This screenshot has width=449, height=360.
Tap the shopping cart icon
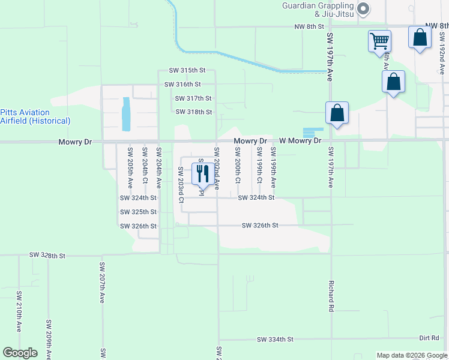pyautogui.click(x=379, y=41)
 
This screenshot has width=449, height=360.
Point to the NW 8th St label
pyautogui.click(x=309, y=27)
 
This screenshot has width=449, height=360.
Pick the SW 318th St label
pyautogui.click(x=194, y=112)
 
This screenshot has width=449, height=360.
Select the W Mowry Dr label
pyautogui.click(x=300, y=141)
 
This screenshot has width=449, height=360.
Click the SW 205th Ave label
pyautogui.click(x=130, y=165)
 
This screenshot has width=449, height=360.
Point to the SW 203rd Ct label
pyautogui.click(x=180, y=181)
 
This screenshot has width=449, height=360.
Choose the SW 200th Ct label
pyautogui.click(x=238, y=165)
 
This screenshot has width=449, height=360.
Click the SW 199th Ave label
pyautogui.click(x=273, y=165)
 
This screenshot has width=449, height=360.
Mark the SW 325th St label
pyautogui.click(x=138, y=212)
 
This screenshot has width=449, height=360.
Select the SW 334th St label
pyautogui.click(x=275, y=340)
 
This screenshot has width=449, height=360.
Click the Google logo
pyautogui.click(x=20, y=353)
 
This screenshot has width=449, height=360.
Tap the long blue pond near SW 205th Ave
pyautogui.click(x=126, y=114)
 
